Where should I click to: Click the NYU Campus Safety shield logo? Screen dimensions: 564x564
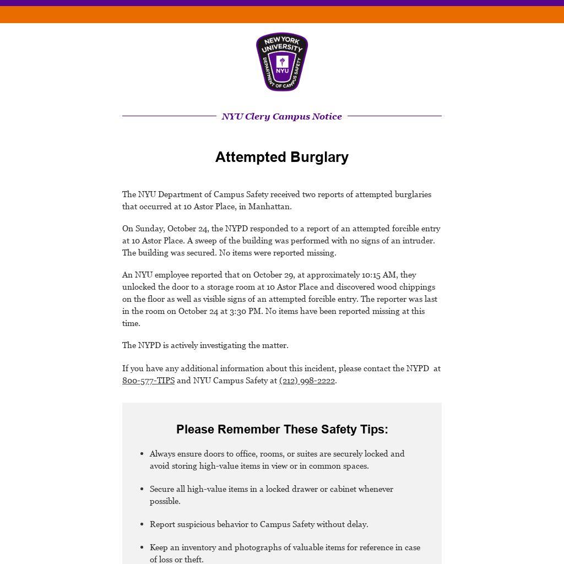click(282, 62)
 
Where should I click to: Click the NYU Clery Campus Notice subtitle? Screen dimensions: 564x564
click(282, 116)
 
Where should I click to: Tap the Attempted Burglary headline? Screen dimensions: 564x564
click(282, 157)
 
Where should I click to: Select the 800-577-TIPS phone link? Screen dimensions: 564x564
click(148, 381)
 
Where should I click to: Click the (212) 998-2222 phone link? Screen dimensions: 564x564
click(307, 381)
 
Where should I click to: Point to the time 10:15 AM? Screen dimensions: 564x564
click(379, 275)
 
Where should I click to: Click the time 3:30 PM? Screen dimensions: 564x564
click(246, 311)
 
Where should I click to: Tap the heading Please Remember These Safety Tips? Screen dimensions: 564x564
click(282, 429)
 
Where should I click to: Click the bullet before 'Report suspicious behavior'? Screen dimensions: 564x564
click(142, 524)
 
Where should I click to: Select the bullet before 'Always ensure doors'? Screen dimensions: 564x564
click(142, 454)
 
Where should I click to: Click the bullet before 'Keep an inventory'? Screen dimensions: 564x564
click(142, 547)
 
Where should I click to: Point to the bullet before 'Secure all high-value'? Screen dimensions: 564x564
click(142, 489)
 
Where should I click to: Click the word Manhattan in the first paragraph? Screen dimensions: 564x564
click(269, 207)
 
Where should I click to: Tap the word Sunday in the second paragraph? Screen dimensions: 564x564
click(149, 229)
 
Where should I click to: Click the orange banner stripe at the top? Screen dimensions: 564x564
click(282, 15)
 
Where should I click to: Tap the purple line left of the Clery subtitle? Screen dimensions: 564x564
click(169, 116)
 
